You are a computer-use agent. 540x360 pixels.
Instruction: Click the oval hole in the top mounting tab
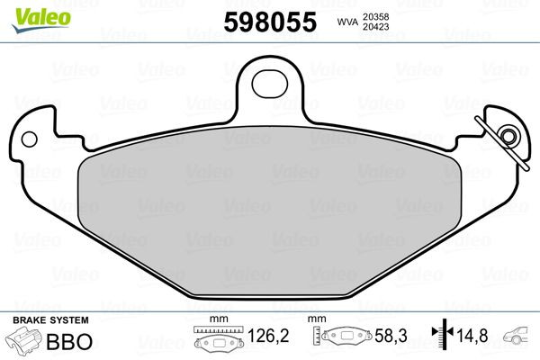[268, 82]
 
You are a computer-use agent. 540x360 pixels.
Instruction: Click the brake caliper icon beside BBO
[26, 342]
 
